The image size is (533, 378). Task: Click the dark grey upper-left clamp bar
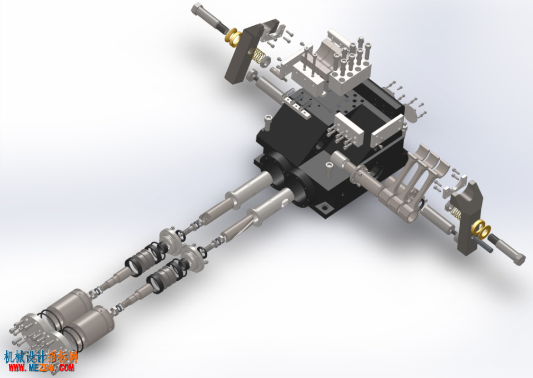pyautogui.click(x=242, y=54)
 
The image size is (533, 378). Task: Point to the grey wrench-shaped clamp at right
pyautogui.click(x=470, y=218)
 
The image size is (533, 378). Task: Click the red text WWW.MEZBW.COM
pyautogui.click(x=41, y=367)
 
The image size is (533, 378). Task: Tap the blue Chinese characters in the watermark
pyautogui.click(x=24, y=356)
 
